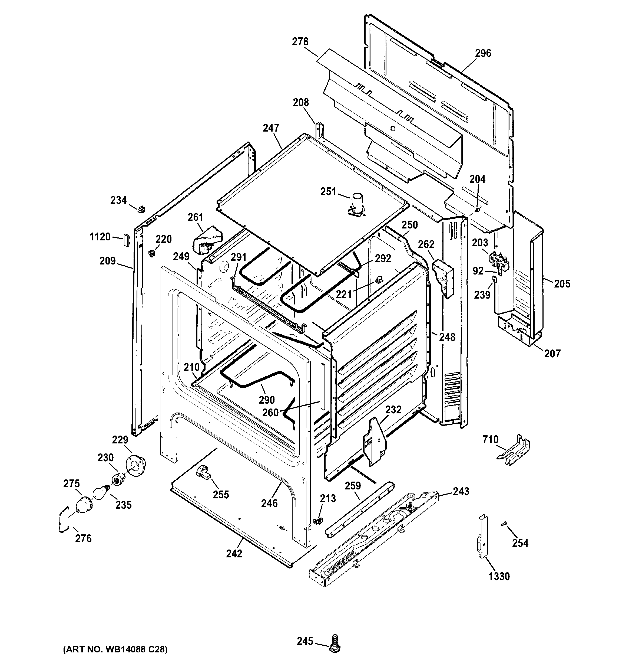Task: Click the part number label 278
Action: click(x=300, y=42)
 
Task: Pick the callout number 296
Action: click(x=483, y=53)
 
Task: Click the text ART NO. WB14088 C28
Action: click(x=115, y=649)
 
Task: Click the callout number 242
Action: click(x=234, y=553)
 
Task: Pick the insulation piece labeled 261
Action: click(x=206, y=242)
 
